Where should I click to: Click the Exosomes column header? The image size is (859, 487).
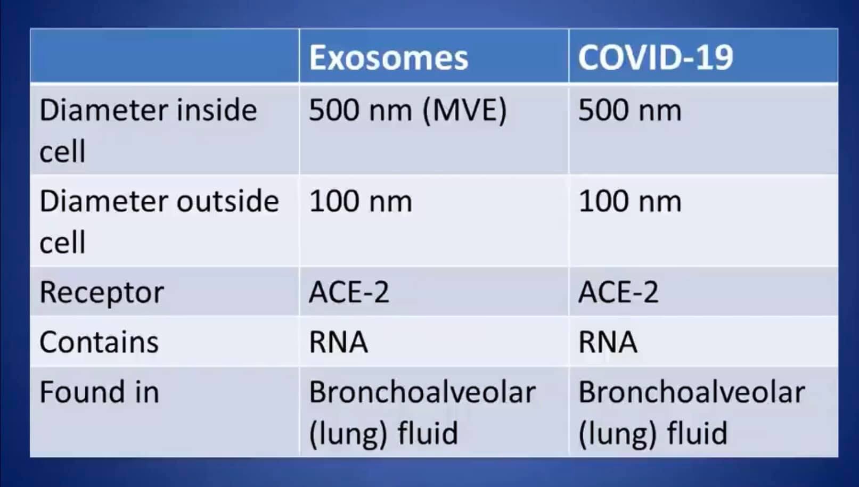(388, 58)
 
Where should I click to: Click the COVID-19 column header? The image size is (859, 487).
(656, 58)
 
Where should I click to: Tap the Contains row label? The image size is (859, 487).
(99, 342)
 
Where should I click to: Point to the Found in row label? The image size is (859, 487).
(99, 392)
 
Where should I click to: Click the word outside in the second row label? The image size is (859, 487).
(228, 201)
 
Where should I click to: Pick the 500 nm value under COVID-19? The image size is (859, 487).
(629, 110)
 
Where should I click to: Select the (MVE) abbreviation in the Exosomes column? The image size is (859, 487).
(464, 111)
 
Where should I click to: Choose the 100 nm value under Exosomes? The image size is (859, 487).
(361, 202)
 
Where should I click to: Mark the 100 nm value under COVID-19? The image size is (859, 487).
(629, 202)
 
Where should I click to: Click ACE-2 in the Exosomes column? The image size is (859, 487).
(349, 292)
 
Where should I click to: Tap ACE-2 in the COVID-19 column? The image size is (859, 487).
(618, 292)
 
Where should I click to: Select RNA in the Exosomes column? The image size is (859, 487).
(338, 342)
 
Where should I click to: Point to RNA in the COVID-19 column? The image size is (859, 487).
(608, 342)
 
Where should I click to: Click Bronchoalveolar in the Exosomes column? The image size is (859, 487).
(422, 392)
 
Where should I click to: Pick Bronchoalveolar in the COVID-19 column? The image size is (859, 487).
(692, 392)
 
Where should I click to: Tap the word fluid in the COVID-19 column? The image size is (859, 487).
(697, 433)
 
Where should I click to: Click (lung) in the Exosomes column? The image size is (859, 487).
(349, 435)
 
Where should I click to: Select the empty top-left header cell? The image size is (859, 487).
(165, 55)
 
